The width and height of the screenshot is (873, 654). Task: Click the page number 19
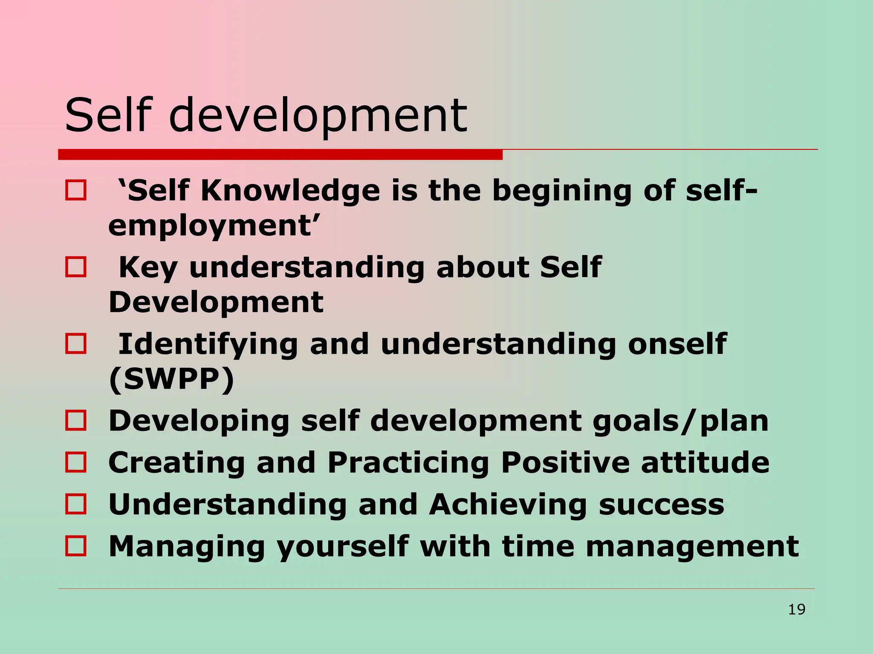(x=796, y=609)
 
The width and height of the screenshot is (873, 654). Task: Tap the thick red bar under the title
(x=280, y=155)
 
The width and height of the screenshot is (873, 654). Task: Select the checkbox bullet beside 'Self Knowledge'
(x=76, y=190)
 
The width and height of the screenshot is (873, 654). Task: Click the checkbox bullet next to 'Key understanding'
(x=76, y=267)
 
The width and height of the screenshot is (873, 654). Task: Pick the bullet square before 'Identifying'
(x=76, y=344)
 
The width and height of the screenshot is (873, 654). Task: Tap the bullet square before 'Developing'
(x=76, y=420)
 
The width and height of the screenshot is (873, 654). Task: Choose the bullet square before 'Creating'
(x=76, y=462)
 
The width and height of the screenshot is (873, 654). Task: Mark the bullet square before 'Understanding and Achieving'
(x=76, y=504)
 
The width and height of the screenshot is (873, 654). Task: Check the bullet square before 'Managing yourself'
(x=76, y=546)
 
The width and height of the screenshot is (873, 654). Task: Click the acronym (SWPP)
(x=172, y=379)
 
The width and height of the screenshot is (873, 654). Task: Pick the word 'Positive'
(x=565, y=462)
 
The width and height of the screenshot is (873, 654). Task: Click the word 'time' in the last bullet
(x=538, y=546)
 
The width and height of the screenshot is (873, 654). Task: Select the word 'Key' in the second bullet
(x=147, y=268)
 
